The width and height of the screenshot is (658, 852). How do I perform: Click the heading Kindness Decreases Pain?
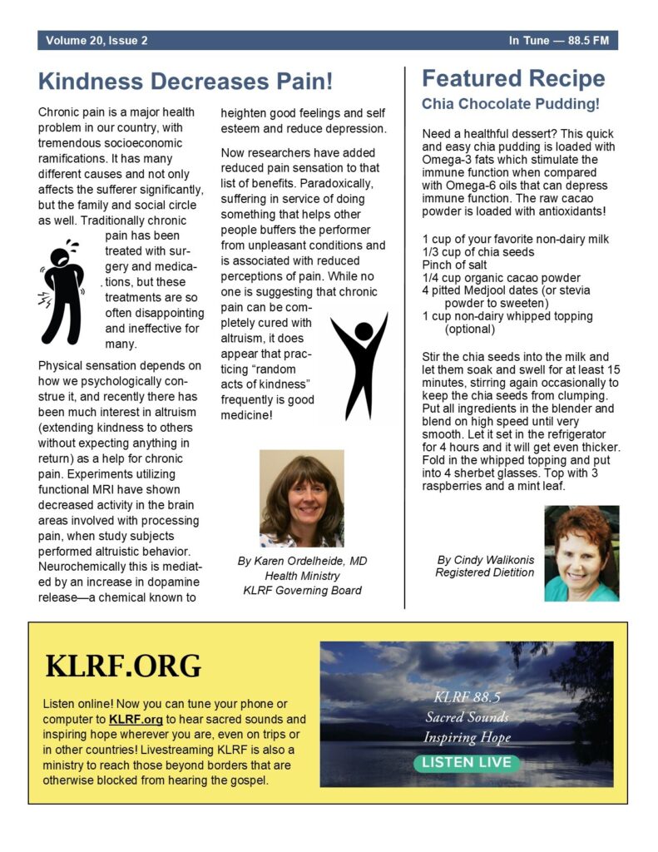(186, 82)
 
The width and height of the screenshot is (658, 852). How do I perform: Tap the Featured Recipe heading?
(513, 79)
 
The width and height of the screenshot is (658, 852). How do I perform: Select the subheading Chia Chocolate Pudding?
(511, 105)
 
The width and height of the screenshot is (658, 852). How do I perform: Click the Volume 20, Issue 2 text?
(97, 41)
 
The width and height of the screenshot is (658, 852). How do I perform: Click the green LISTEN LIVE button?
(467, 762)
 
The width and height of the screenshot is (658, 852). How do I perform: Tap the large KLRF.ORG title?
(123, 666)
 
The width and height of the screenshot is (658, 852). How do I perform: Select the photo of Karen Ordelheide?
(301, 498)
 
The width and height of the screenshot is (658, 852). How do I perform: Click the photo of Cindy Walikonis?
(581, 553)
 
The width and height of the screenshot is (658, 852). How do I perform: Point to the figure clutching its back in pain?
(63, 291)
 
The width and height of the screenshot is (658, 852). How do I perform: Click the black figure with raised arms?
(359, 365)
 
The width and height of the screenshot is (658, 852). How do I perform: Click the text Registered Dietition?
(485, 572)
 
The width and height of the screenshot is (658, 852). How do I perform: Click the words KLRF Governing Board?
(302, 591)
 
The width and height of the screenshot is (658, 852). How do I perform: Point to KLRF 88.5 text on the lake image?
(466, 696)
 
